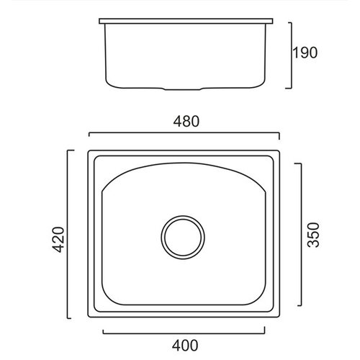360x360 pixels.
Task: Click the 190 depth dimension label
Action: [x=305, y=53]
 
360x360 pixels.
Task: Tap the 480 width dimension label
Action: [x=186, y=122]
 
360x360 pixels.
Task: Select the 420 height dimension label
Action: [x=58, y=239]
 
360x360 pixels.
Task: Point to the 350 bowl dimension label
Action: [x=313, y=235]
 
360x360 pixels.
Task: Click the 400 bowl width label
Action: [x=185, y=346]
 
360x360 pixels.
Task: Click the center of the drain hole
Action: [x=183, y=237]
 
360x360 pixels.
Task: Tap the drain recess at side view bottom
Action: [x=184, y=89]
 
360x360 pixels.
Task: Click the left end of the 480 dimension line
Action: [x=89, y=132]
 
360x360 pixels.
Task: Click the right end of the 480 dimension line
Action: [x=279, y=132]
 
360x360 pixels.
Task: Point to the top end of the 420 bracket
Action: [x=68, y=150]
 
